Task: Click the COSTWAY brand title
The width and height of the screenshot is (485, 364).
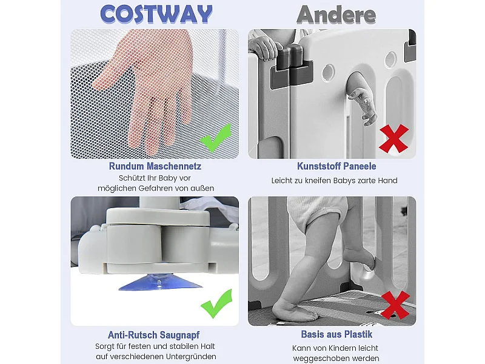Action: pyautogui.click(x=156, y=14)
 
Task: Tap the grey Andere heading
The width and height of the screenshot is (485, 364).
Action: pyautogui.click(x=336, y=15)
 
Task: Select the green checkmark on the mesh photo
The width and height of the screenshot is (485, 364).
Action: pyautogui.click(x=216, y=138)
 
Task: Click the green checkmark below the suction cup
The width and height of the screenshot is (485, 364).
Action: pyautogui.click(x=216, y=303)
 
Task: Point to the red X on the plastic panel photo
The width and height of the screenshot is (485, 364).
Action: pyautogui.click(x=393, y=138)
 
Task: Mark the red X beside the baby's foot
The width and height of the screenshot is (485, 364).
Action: pyautogui.click(x=395, y=305)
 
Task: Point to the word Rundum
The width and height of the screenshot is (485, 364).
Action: pyautogui.click(x=126, y=166)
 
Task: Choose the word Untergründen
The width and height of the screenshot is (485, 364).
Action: pyautogui.click(x=191, y=357)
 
